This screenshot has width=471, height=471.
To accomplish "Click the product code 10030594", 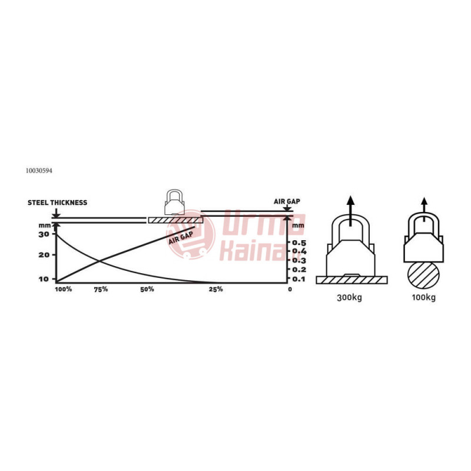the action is coord(39,171).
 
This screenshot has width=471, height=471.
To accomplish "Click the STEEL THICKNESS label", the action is coord(57,203).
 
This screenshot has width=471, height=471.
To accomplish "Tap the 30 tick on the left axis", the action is coord(44,234).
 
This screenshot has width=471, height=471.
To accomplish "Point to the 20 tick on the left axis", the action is coord(44,255).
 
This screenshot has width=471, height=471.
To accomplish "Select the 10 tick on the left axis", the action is coord(44,279).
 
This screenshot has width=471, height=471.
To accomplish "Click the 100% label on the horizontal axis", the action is coord(64,289).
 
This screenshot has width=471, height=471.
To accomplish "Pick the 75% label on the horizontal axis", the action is coord(101,289).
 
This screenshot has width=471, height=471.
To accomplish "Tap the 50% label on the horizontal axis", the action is coord(147,289).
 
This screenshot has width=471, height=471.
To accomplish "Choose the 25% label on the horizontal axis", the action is coord(216,289).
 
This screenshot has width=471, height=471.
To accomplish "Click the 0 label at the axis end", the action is coord(290,289).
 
